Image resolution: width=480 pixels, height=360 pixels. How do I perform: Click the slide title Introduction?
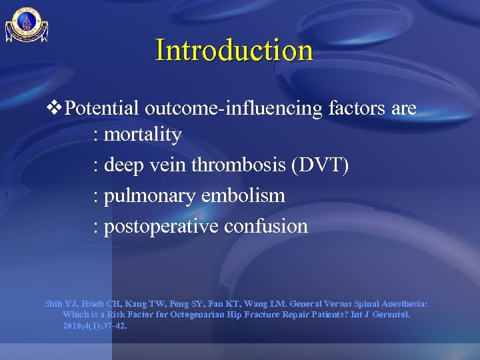[x=234, y=50]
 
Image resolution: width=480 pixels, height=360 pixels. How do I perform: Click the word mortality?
[x=143, y=135]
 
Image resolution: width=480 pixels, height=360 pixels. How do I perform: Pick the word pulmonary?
[x=149, y=196]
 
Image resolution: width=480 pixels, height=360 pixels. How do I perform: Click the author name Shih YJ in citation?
[x=59, y=303]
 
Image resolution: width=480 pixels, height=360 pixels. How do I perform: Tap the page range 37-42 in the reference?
[x=112, y=326]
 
